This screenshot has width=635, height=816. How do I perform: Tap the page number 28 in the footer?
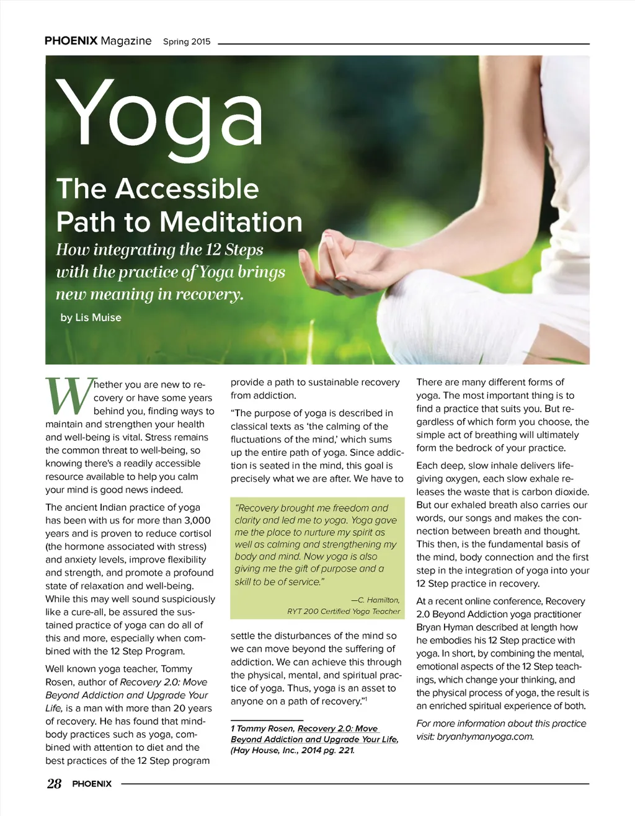(54, 784)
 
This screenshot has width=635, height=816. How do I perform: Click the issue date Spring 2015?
(187, 42)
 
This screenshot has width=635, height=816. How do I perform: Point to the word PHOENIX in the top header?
(71, 41)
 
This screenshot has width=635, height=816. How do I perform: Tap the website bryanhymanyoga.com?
(485, 737)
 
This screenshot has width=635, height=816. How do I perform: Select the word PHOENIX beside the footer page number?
(92, 784)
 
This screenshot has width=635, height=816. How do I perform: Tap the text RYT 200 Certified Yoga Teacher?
(344, 611)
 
